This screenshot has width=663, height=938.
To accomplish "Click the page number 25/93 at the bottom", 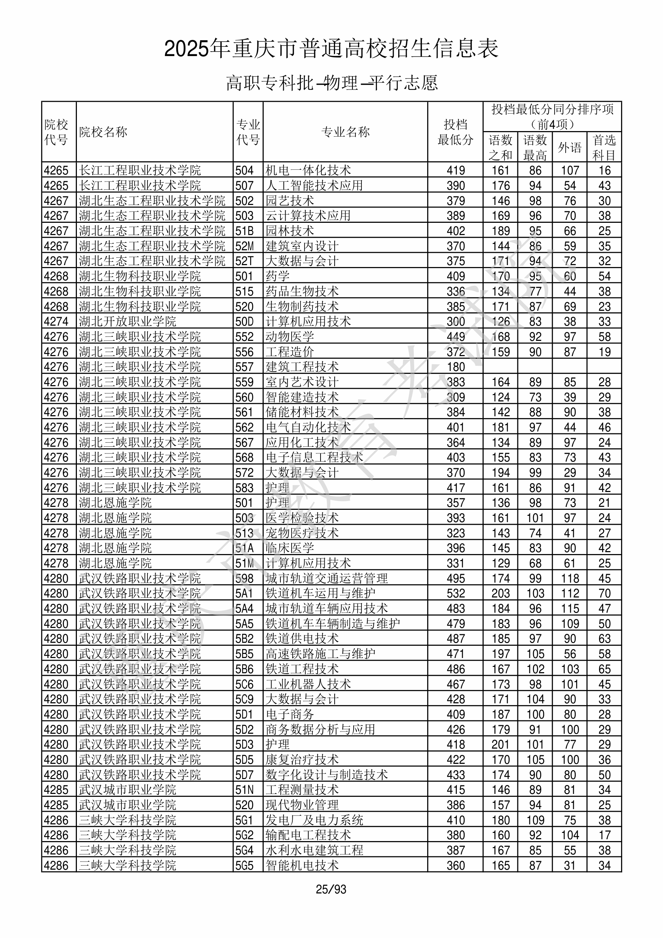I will (331, 889).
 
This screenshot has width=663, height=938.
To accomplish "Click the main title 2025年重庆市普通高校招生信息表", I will (331, 49).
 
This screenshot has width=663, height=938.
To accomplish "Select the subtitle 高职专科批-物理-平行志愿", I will (331, 83).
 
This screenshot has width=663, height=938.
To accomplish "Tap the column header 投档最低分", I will (455, 132).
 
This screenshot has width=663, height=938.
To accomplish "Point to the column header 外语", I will (569, 147).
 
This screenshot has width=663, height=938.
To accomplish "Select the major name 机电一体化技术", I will (308, 170).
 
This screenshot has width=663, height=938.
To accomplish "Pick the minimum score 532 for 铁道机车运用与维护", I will (455, 593).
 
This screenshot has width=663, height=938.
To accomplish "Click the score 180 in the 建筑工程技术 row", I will (455, 367).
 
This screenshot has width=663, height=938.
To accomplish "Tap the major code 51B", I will (244, 231).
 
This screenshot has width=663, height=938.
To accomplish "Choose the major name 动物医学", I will (290, 337).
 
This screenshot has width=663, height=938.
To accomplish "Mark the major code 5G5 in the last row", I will (244, 865).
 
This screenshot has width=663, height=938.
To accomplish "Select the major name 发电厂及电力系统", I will (314, 820).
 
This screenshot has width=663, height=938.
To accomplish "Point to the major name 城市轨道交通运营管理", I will (326, 579).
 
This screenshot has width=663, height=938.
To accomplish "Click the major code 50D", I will (244, 322).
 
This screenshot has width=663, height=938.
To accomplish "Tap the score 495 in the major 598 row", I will (455, 579).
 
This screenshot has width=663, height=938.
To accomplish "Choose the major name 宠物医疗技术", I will (302, 533).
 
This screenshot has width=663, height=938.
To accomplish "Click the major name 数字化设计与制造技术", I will (326, 775).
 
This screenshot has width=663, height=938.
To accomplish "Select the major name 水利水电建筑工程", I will (314, 850).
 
